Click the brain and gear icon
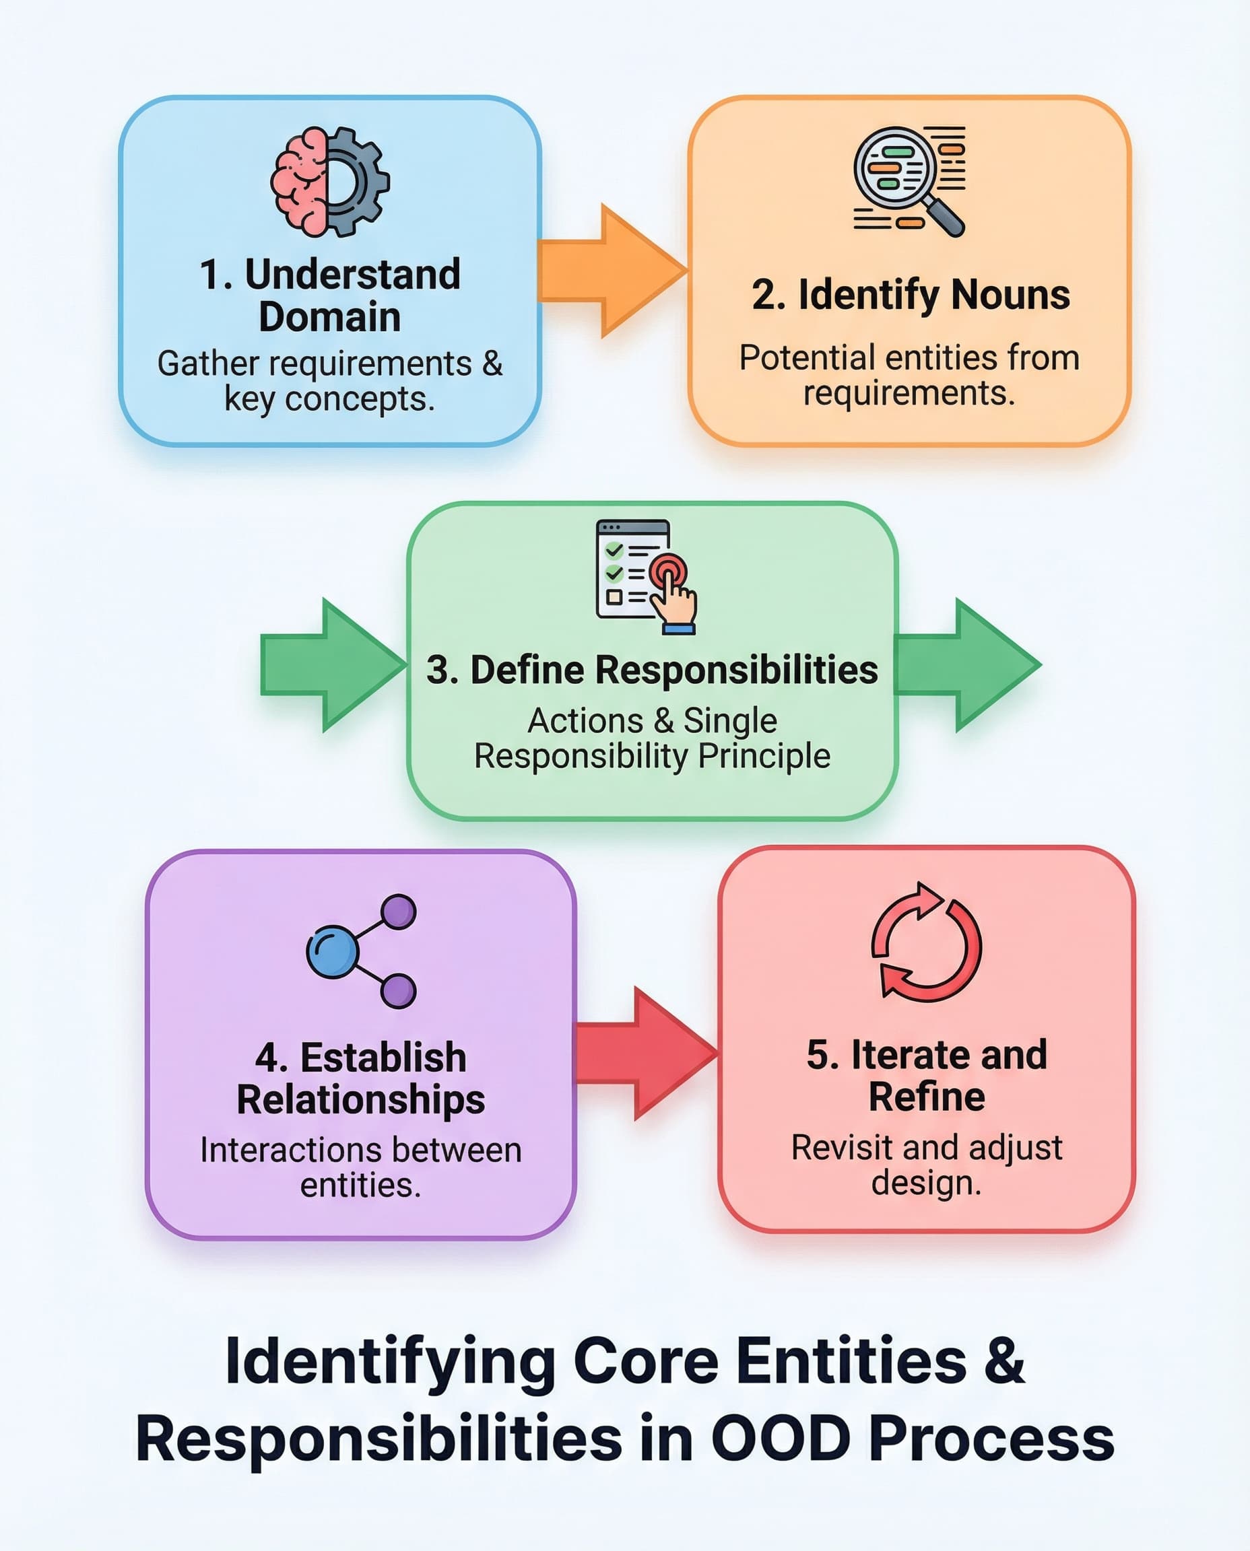(330, 181)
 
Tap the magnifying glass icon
(900, 176)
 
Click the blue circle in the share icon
(332, 951)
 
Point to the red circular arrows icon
(926, 942)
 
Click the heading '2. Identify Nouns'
(910, 295)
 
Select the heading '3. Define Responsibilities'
(652, 670)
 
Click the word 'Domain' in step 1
(330, 317)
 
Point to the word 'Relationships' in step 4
(361, 1100)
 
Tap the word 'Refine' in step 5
(926, 1096)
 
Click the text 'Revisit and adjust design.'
(926, 1165)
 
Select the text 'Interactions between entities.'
(361, 1167)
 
